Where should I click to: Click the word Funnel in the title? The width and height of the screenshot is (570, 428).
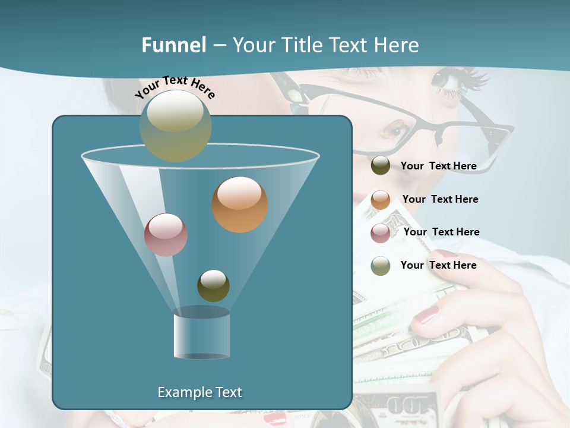click(x=173, y=45)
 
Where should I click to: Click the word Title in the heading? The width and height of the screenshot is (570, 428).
click(x=303, y=45)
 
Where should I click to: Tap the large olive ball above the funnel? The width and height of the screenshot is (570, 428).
click(x=176, y=125)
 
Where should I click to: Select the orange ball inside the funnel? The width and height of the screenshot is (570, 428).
click(x=239, y=204)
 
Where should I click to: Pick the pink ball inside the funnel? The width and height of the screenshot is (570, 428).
click(x=166, y=235)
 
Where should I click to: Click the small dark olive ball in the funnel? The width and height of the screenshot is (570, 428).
click(x=213, y=285)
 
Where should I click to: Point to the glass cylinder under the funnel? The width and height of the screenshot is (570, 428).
click(x=201, y=336)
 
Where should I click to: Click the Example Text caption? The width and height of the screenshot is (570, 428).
click(x=199, y=392)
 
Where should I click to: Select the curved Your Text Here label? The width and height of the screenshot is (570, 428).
click(x=175, y=86)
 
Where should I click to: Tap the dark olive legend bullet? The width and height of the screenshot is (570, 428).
click(x=381, y=166)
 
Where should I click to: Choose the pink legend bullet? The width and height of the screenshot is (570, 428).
click(x=381, y=233)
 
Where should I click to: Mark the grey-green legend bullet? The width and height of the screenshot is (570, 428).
click(x=381, y=266)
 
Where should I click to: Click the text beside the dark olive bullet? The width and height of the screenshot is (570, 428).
click(x=438, y=166)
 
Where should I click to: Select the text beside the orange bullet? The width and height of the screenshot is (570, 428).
click(x=440, y=199)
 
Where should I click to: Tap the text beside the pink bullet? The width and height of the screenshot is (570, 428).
click(x=441, y=232)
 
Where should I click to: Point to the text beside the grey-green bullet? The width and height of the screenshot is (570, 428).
click(x=438, y=265)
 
